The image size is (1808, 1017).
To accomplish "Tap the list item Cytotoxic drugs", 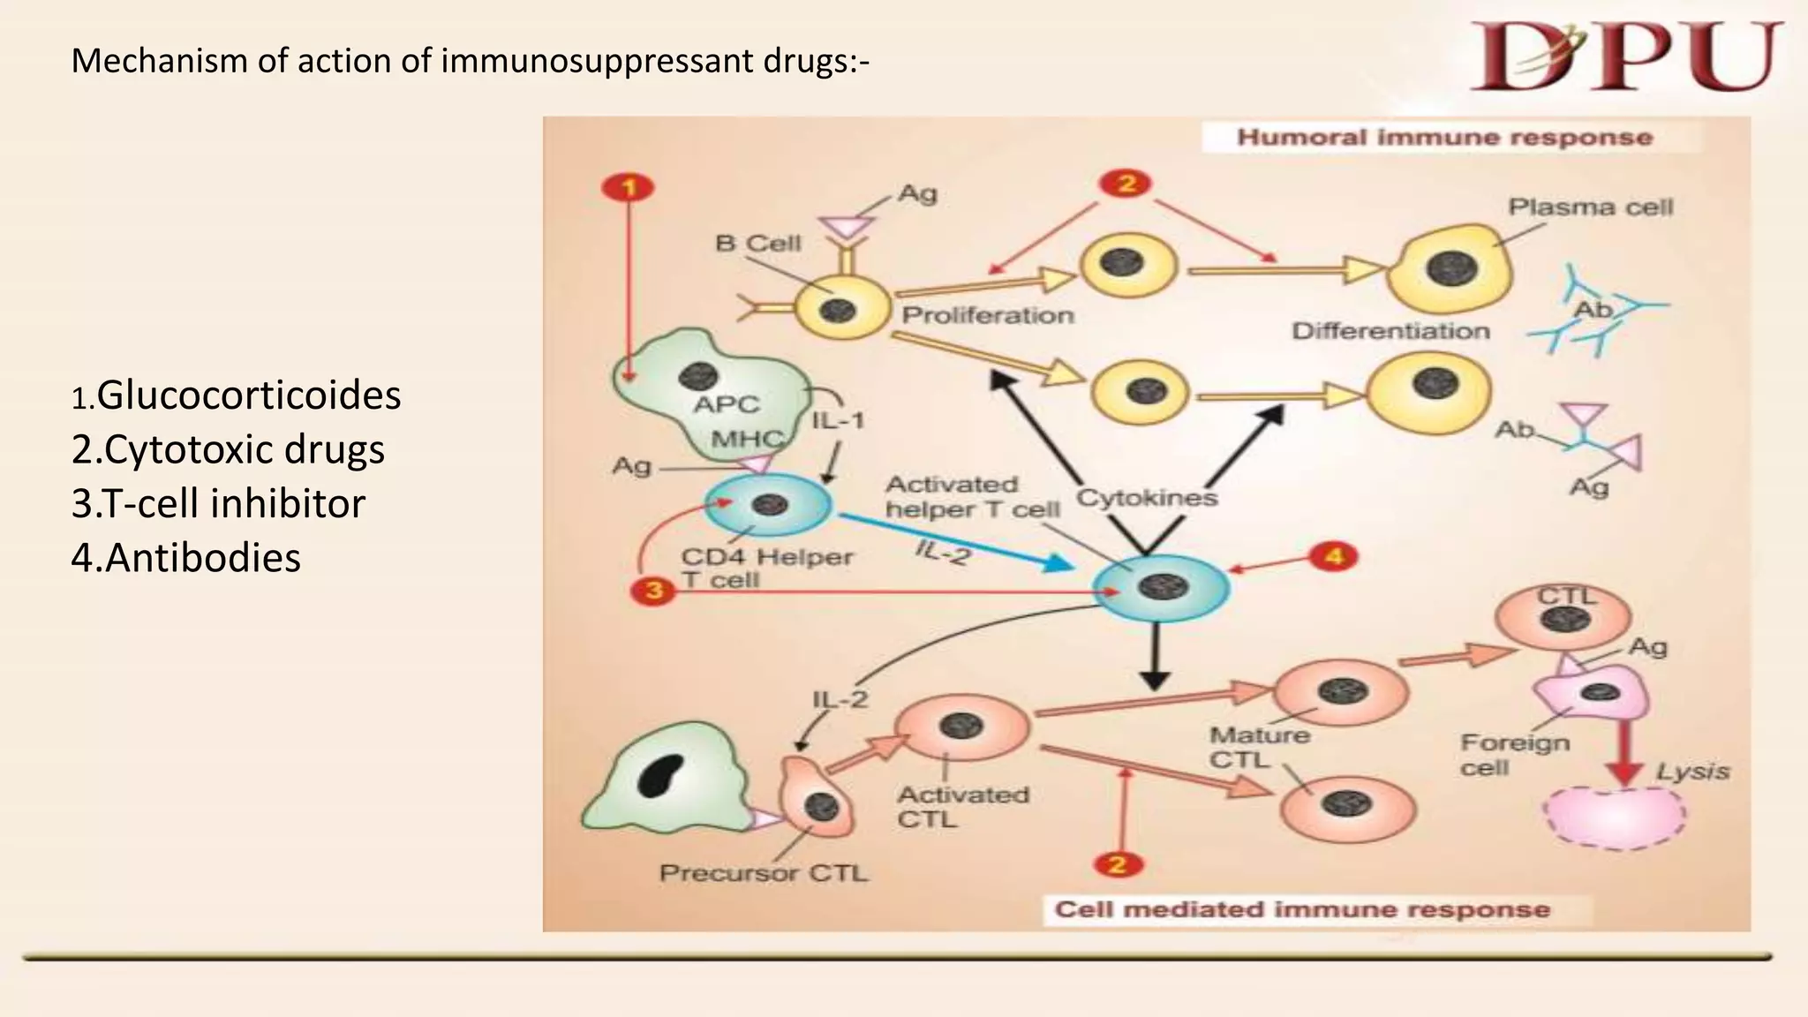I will click(x=228, y=449).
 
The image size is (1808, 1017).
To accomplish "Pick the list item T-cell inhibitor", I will click(x=218, y=504).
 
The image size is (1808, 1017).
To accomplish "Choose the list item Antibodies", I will click(x=186, y=558).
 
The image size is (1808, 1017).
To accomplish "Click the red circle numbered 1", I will click(x=629, y=188).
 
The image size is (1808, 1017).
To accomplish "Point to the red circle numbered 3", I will click(x=654, y=590).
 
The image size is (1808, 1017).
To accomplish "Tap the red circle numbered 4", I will click(x=1333, y=557).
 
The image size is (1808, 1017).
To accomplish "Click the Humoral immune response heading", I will click(x=1444, y=138).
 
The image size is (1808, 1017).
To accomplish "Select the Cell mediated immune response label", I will click(x=1302, y=909).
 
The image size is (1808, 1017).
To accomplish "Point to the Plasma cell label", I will click(x=1590, y=207).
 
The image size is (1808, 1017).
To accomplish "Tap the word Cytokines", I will click(x=1147, y=498).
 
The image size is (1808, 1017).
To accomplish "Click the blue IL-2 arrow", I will click(x=953, y=540).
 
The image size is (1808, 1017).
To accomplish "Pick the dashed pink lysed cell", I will click(x=1615, y=817).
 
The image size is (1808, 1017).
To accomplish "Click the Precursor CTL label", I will click(x=764, y=873).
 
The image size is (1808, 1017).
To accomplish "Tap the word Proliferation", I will click(x=988, y=315).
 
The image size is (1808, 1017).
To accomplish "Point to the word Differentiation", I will click(x=1390, y=331).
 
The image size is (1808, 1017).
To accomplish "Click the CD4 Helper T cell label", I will click(x=766, y=568).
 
